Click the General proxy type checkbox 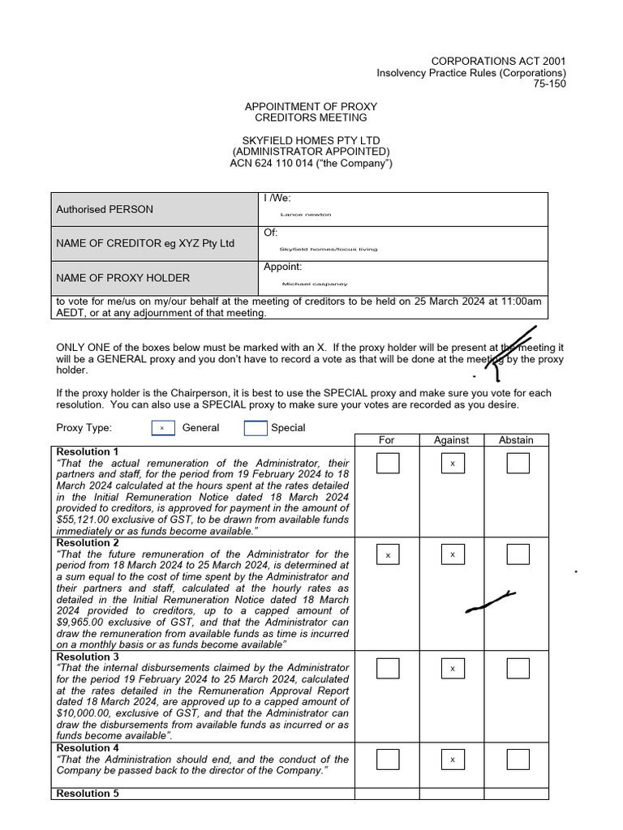pos(162,428)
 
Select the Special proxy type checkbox pos(255,428)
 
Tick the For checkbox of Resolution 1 pos(388,463)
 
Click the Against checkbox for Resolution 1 pos(452,463)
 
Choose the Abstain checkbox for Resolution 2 pos(518,554)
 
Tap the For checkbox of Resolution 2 pos(388,554)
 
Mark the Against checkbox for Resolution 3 pos(452,668)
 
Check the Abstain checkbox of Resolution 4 pos(518,759)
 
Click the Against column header pos(451,440)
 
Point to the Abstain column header pos(516,440)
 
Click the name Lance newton pos(306,215)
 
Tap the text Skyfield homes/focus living pos(329,249)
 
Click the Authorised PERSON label pos(105,209)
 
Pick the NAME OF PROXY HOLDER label pos(122,278)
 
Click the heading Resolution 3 pos(88,657)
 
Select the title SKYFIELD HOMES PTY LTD pos(311,140)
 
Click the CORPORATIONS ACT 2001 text pos(498,61)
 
